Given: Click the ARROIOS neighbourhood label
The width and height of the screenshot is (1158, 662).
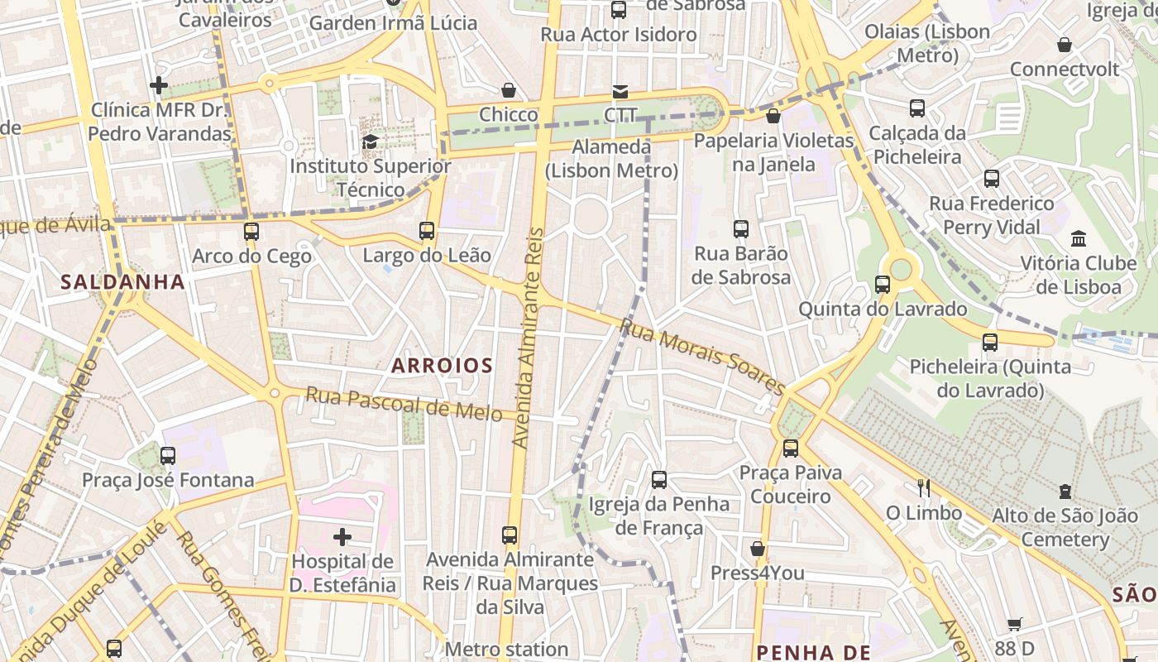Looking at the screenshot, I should click(442, 365).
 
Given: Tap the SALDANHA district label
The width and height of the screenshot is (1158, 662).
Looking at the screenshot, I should click(122, 281).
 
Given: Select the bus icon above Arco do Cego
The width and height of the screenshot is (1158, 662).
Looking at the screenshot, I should click(251, 232).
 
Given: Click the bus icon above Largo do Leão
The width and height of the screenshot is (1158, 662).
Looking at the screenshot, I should click(427, 231).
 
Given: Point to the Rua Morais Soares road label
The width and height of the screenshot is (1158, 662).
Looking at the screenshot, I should click(702, 357).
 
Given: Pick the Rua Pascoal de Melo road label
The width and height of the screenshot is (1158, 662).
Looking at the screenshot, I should click(404, 404).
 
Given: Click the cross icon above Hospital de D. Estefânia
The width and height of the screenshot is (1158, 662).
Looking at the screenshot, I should click(342, 537).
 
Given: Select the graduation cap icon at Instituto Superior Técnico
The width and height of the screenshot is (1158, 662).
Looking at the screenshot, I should click(370, 142).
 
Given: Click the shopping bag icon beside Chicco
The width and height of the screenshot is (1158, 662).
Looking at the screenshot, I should click(509, 90).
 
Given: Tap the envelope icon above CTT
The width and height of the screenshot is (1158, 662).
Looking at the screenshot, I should click(620, 91).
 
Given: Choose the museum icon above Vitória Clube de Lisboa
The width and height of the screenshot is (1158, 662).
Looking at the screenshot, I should click(1079, 239).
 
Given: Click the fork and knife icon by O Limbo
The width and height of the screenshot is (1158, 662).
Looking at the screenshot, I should click(924, 488).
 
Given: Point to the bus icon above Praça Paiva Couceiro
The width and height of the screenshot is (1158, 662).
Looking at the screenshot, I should click(791, 449).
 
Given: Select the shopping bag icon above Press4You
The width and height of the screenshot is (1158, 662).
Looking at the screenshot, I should click(757, 549).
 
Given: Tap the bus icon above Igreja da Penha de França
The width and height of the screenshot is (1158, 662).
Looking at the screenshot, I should click(659, 479).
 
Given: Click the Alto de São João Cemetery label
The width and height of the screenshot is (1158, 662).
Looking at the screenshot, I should click(1064, 528).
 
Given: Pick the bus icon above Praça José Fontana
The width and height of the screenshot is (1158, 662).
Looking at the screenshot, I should click(168, 455).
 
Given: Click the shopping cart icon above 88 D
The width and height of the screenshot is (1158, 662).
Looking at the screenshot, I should click(1015, 625).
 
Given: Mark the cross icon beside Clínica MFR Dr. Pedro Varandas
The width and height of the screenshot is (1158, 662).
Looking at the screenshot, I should click(159, 85).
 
